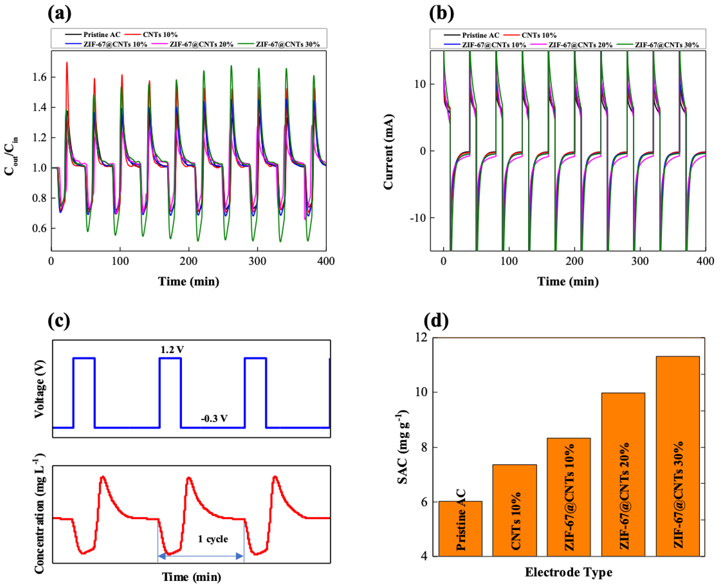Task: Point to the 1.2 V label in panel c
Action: click(172, 350)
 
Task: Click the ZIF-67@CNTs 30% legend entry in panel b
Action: click(666, 45)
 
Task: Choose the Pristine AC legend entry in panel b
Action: click(480, 35)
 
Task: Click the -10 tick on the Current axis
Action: click(418, 218)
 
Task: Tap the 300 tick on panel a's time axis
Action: click(257, 261)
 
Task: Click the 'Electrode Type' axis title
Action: click(568, 572)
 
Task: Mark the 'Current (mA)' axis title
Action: click(389, 152)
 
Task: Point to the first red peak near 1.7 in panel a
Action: click(67, 63)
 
